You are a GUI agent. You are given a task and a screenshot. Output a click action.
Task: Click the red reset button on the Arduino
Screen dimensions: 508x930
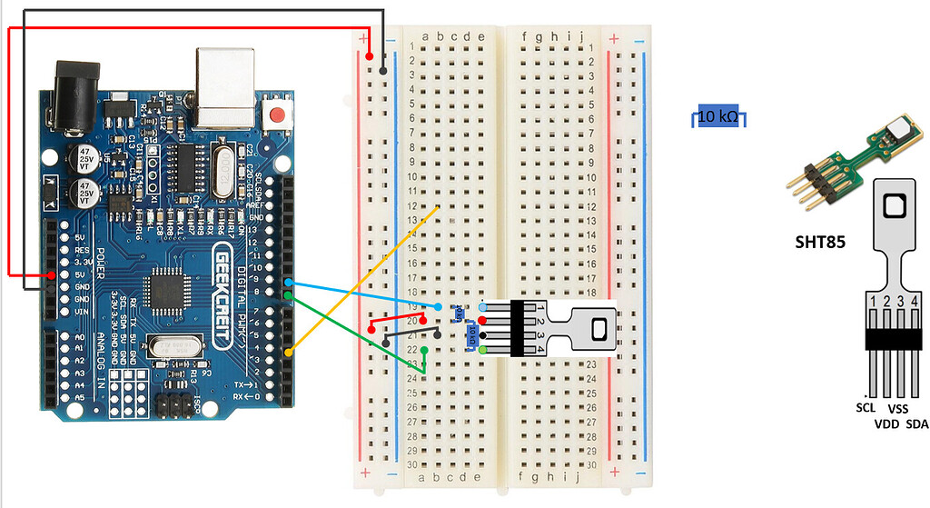[x=277, y=116]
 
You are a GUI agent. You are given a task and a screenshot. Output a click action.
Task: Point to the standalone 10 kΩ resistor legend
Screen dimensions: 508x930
[x=717, y=116]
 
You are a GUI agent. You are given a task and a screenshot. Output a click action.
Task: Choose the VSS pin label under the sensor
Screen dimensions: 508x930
[x=898, y=410]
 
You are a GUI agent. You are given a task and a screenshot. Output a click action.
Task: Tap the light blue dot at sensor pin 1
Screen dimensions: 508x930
[x=481, y=308]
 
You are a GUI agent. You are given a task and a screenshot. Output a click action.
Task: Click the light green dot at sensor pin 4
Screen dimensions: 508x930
[x=483, y=349]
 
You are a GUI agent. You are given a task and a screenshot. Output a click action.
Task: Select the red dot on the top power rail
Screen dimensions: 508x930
[x=370, y=57]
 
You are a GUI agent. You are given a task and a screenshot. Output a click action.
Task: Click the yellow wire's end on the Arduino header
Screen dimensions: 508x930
[x=289, y=353]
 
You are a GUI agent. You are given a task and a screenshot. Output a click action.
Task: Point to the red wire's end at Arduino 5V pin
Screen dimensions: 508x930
[x=53, y=274]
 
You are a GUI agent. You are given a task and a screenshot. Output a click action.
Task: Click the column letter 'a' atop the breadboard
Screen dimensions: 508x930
[x=427, y=37]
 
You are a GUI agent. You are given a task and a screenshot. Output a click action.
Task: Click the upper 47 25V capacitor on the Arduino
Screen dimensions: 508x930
[x=79, y=157]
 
